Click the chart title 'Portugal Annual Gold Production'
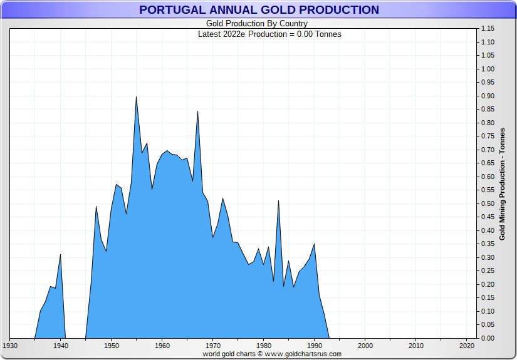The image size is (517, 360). tap(259, 10)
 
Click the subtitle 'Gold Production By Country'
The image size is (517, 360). tap(259, 24)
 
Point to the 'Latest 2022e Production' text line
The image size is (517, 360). tap(269, 34)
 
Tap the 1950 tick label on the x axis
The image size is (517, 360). tap(111, 346)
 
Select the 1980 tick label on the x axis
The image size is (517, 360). tap(264, 346)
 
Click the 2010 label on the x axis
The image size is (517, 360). tap(416, 346)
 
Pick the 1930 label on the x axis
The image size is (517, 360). tap(10, 346)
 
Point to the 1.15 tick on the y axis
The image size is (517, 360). tap(488, 29)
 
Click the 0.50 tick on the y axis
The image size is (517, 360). tap(488, 203)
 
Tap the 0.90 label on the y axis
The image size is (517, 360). tap(488, 96)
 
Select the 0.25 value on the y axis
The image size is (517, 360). tap(488, 270)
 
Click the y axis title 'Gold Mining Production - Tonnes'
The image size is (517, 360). tap(503, 184)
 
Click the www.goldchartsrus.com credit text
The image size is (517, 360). tap(271, 354)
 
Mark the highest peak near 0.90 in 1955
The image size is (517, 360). tap(136, 97)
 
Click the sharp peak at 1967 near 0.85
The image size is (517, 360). tap(197, 111)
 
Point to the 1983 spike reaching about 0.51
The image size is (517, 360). tap(278, 201)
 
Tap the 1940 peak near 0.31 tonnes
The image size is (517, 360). tap(60, 255)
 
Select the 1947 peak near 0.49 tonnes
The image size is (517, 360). tap(96, 207)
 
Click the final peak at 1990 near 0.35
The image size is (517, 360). tap(314, 244)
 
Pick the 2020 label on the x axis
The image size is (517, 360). tap(467, 346)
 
